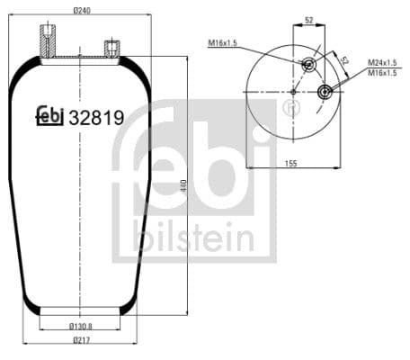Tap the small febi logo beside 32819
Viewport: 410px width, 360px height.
(x=49, y=116)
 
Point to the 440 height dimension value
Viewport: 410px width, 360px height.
(x=183, y=186)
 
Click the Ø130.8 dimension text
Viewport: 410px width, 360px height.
(x=81, y=326)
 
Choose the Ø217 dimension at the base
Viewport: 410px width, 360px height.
(x=81, y=340)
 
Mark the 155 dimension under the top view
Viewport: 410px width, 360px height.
(x=291, y=162)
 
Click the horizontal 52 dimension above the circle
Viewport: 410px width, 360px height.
(x=309, y=20)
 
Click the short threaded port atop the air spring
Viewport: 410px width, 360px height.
(x=111, y=48)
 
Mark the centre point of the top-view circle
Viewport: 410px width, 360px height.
(x=293, y=91)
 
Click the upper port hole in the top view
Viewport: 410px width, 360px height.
(x=308, y=64)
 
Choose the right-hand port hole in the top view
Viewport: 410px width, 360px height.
(x=325, y=91)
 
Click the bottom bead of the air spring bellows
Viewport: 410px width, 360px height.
(x=81, y=312)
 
